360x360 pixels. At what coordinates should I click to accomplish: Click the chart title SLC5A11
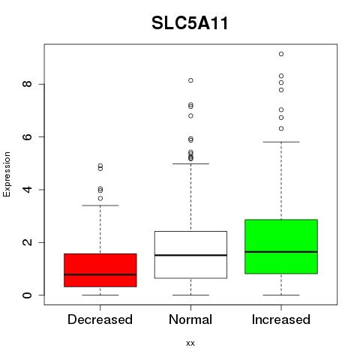coord(190,23)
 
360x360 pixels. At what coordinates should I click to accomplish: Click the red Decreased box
coord(100,270)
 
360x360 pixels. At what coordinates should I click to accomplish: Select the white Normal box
coord(190,255)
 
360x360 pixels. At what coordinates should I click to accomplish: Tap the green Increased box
coord(281,247)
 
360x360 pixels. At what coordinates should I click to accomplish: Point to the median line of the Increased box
coord(281,252)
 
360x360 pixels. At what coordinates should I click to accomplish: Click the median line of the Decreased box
coord(100,274)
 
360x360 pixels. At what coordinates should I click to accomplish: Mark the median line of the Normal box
coord(190,255)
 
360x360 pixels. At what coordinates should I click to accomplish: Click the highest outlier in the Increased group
coord(281,54)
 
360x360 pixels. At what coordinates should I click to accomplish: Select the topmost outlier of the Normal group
coord(190,80)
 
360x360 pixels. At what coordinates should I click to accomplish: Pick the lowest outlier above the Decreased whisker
coord(100,199)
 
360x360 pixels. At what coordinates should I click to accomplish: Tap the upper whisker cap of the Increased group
coord(281,142)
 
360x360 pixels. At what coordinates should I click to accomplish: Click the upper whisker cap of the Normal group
coord(190,163)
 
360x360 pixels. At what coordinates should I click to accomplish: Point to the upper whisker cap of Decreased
coord(100,205)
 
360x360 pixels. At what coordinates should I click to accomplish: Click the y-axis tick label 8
coord(27,84)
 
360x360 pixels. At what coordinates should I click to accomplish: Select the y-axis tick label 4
coord(27,190)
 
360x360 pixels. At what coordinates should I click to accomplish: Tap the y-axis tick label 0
coord(27,295)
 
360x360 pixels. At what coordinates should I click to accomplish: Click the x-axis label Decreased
coord(100,319)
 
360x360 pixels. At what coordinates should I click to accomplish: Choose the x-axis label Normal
coord(190,319)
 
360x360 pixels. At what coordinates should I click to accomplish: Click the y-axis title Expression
coord(7,174)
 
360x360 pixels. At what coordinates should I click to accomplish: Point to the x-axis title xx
coord(190,343)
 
